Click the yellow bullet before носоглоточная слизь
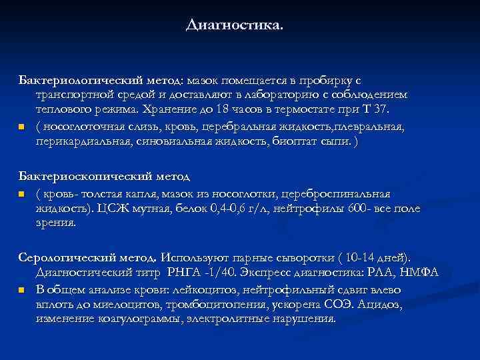[x=21, y=126]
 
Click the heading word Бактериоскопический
[x=71, y=177]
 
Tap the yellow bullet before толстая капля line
[x=21, y=194]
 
